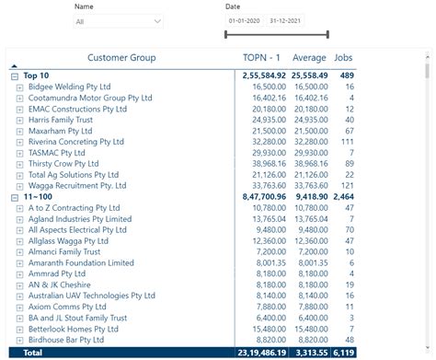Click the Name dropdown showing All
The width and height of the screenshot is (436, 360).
[x=119, y=21]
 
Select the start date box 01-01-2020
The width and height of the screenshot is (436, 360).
[x=245, y=20]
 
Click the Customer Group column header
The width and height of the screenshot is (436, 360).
[x=121, y=58]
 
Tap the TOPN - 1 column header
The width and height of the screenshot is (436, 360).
[x=263, y=58]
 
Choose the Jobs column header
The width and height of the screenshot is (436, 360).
[x=343, y=58]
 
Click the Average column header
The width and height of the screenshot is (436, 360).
[x=309, y=58]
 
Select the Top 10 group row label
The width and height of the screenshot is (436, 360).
[x=37, y=75]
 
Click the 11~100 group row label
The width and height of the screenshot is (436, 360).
[x=39, y=197]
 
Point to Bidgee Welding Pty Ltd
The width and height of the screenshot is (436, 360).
[x=69, y=86]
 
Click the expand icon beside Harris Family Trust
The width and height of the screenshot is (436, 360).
[x=20, y=120]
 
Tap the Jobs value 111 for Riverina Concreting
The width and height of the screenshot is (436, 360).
[x=346, y=142]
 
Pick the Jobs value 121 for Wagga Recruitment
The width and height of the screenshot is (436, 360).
[x=346, y=185]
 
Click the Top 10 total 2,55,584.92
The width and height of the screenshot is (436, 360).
[x=264, y=75]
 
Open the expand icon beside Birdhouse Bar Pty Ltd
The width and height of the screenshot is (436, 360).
[x=20, y=340]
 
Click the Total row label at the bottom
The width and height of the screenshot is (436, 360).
[x=32, y=352]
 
